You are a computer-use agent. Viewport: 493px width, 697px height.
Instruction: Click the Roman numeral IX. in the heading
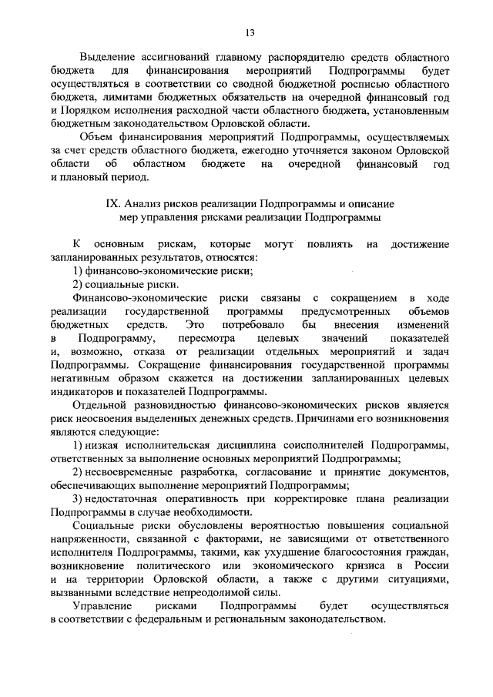pyautogui.click(x=113, y=204)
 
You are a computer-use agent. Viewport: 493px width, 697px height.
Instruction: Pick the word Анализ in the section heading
pyautogui.click(x=147, y=204)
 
